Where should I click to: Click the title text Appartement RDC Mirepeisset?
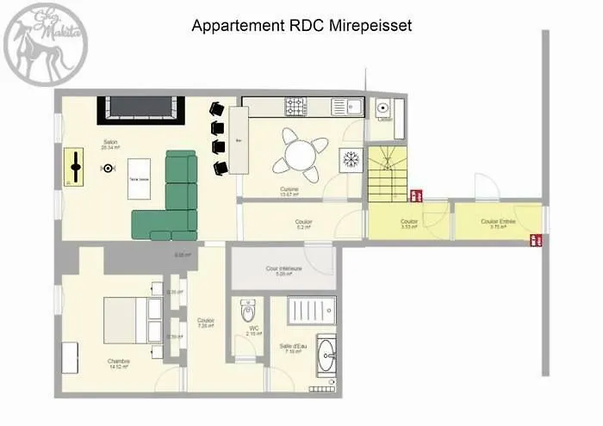click(x=301, y=26)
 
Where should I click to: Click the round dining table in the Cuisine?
click(x=301, y=156)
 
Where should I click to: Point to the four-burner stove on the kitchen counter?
click(x=296, y=107)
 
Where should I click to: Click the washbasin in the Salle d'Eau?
click(x=326, y=354)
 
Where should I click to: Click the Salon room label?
click(x=110, y=144)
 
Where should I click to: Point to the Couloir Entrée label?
click(x=499, y=222)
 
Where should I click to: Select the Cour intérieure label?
click(x=283, y=269)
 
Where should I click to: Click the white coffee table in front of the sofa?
click(x=139, y=179)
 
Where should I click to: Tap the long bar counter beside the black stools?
click(x=239, y=139)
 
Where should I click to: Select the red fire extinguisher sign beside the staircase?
click(x=415, y=195)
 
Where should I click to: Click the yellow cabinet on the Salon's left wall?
click(x=75, y=165)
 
